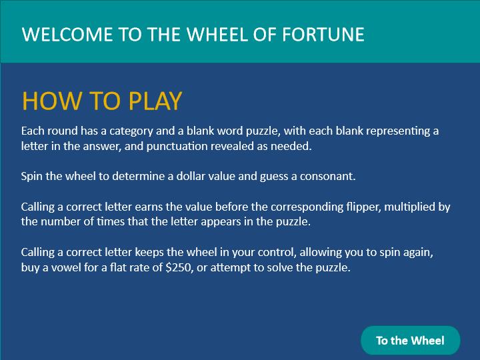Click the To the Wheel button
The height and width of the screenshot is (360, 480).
(411, 341)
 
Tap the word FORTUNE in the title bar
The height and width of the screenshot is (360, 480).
(323, 34)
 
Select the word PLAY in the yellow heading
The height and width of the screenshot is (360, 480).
(155, 101)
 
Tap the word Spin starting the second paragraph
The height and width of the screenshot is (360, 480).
(32, 177)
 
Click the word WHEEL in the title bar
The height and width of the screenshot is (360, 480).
(217, 34)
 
